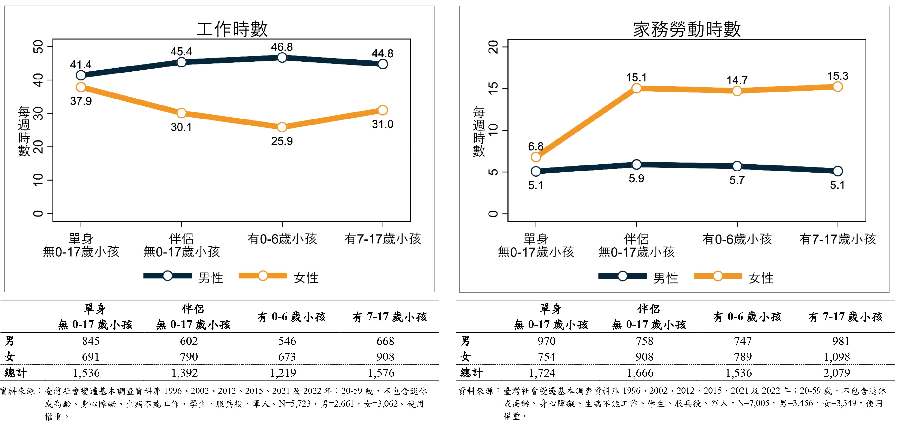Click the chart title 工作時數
coord(232,29)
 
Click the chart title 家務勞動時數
coord(687,29)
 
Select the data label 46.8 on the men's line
coord(282,47)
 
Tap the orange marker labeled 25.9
coord(282,127)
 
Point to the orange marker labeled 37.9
coord(81,87)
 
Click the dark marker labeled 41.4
coord(81,75)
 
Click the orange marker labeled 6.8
coord(536,157)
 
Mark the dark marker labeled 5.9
coord(636,165)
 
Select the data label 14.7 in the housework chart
coord(737,80)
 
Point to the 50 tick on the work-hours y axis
coord(38,47)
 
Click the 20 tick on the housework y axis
coord(493,47)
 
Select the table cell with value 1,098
coord(837,356)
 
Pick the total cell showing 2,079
coord(837,373)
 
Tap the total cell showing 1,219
coord(283,373)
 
